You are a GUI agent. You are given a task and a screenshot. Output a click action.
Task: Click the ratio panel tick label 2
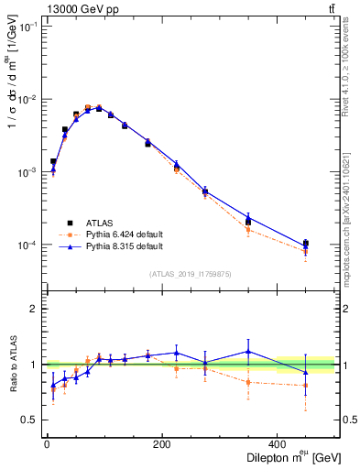[34, 309]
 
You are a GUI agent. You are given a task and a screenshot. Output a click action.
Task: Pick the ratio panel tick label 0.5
[30, 420]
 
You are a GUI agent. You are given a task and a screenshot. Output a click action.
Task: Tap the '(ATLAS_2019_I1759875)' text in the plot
[190, 273]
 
